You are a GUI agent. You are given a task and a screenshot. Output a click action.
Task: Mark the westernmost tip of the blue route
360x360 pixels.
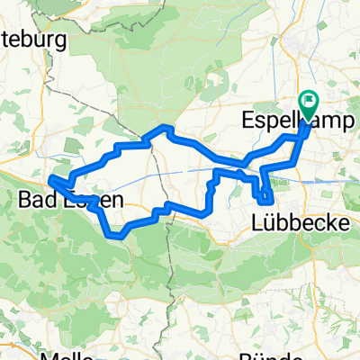(50, 181)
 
